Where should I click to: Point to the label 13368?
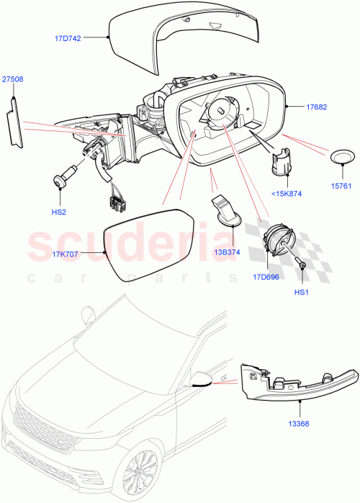point(300,423)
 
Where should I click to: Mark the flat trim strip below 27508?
point(14,122)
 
